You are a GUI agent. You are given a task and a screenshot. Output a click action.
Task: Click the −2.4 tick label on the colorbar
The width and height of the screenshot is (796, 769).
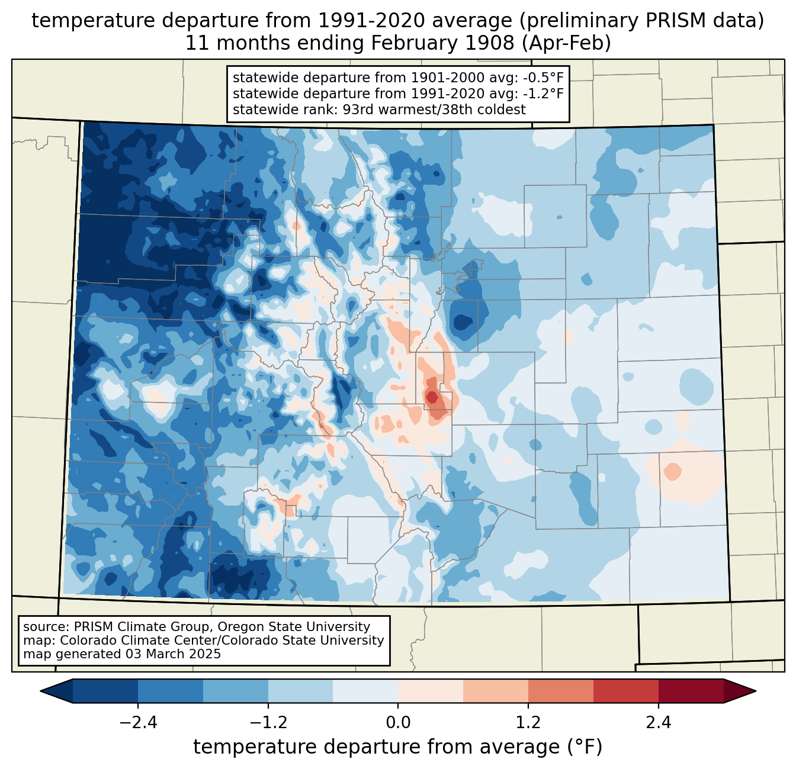pyautogui.click(x=138, y=723)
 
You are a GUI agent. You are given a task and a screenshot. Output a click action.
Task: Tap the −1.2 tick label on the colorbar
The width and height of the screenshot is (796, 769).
pyautogui.click(x=268, y=723)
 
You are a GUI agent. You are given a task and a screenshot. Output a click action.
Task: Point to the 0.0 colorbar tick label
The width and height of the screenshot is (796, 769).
pyautogui.click(x=398, y=723)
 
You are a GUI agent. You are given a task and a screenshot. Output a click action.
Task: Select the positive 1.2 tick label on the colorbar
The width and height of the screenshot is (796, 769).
pyautogui.click(x=528, y=723)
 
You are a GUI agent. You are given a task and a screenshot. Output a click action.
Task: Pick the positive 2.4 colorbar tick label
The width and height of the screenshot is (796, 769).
pyautogui.click(x=658, y=723)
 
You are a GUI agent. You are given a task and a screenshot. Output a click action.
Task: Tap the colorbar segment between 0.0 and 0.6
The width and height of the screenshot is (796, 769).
pyautogui.click(x=431, y=691)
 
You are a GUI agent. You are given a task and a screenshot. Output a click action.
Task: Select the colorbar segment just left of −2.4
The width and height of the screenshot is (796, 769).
pyautogui.click(x=105, y=691)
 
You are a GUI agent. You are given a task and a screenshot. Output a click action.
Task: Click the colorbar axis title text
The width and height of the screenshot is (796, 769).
pyautogui.click(x=398, y=747)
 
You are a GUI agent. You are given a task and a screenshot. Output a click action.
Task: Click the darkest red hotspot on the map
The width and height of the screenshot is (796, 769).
pyautogui.click(x=432, y=397)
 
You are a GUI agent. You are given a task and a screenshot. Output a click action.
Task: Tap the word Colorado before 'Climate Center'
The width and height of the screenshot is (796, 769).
pyautogui.click(x=85, y=641)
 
